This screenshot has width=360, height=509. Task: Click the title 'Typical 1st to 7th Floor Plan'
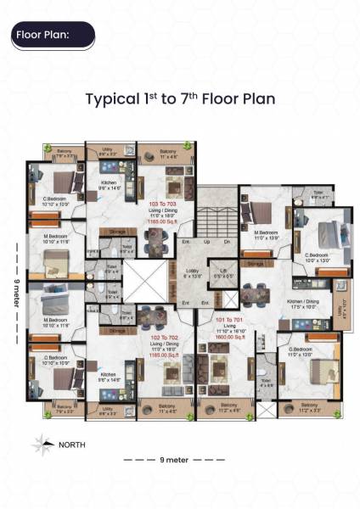pos(180,98)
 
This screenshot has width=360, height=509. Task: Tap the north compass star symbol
pos(40,443)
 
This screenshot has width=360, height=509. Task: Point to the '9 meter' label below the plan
pos(173,459)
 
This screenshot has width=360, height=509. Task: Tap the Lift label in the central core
pos(222,272)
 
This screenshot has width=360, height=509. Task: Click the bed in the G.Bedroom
pos(322,368)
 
